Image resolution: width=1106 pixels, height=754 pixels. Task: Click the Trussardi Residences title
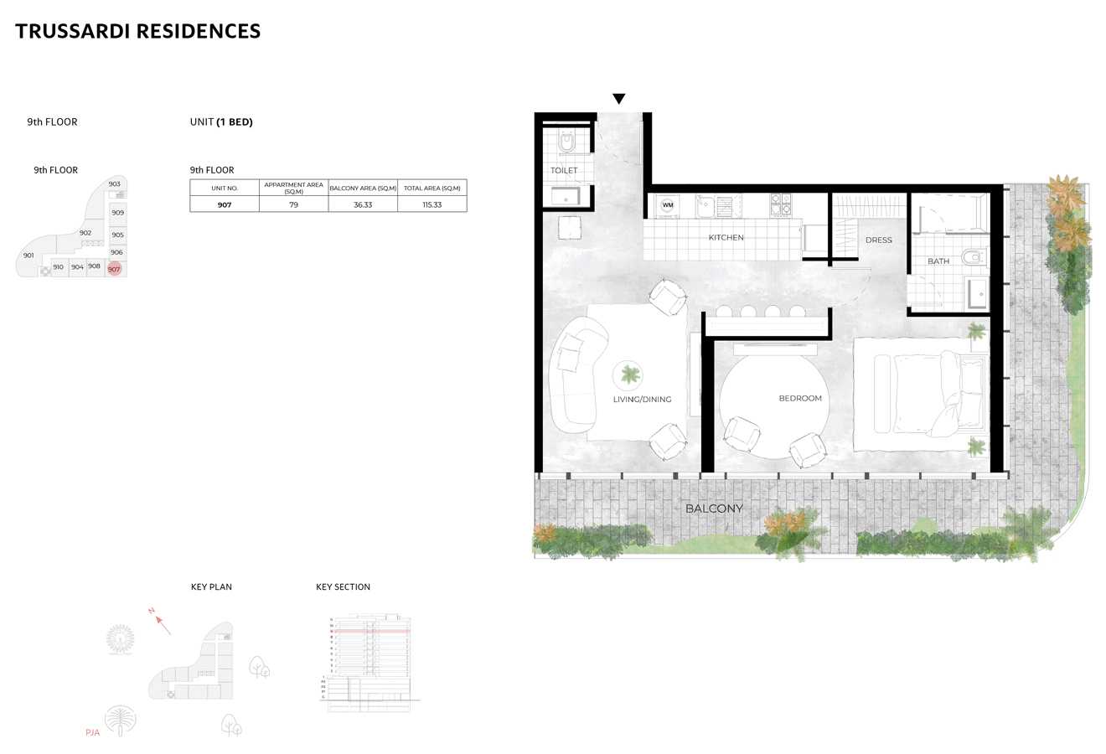138,31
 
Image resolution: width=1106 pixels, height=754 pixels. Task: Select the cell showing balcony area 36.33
363,204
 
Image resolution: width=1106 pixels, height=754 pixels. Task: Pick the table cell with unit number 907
225,204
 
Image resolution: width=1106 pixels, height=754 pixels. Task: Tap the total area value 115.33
432,204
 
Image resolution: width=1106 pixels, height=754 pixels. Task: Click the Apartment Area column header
293,188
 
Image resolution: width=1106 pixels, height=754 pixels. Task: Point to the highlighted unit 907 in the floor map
114,269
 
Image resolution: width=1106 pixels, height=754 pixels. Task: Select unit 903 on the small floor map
115,183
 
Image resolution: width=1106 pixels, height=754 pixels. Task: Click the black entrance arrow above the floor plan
618,99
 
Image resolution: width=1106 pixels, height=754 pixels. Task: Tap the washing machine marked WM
668,204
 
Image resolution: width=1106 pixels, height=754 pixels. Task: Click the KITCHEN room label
726,238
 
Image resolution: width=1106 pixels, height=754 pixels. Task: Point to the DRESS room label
878,240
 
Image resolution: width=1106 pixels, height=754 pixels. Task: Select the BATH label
938,261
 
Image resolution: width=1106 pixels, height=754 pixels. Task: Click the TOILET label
564,171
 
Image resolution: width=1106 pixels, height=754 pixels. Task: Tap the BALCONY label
714,509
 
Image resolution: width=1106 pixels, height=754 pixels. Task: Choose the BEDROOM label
800,399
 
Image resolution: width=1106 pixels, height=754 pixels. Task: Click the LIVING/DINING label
642,400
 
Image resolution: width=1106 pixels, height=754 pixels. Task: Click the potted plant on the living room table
628,374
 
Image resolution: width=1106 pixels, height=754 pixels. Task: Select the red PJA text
92,732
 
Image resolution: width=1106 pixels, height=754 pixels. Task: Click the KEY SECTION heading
343,587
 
